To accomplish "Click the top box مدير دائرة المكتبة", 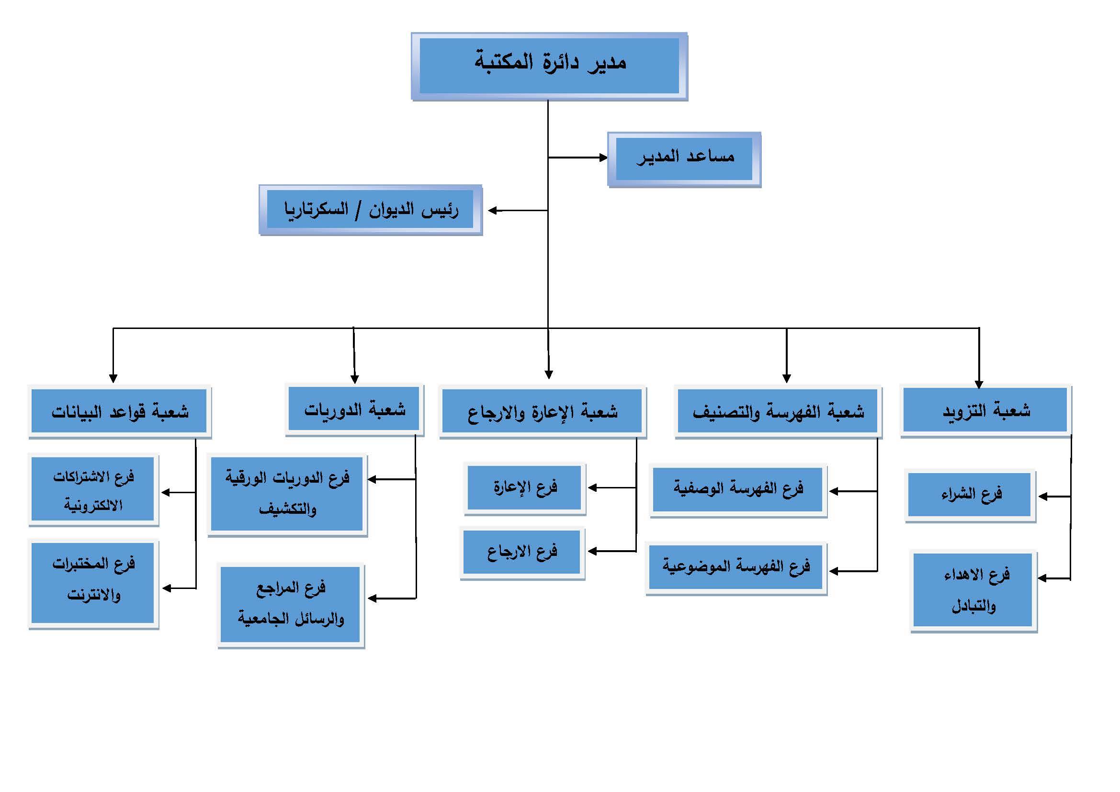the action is tap(549, 67).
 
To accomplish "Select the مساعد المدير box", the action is tap(684, 159).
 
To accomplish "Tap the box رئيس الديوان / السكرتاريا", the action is tap(370, 210).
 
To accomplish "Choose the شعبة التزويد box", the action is tap(985, 411).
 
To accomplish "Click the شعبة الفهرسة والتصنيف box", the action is tap(778, 412).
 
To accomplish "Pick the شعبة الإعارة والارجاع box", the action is tap(543, 412).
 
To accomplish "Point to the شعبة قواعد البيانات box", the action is tap(120, 411).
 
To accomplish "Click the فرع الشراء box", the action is tap(970, 495).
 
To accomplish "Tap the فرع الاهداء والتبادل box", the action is tap(973, 590).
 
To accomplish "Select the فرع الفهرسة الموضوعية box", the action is tap(735, 567).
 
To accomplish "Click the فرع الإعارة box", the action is tap(524, 487).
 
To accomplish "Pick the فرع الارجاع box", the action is tap(522, 553).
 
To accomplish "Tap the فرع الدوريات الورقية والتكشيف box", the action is tap(287, 494).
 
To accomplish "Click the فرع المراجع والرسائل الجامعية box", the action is tap(291, 605).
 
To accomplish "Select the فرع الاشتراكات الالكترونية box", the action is tap(93, 490).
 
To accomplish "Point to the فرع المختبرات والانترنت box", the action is tap(93, 583).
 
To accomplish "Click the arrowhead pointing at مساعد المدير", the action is tap(603, 158).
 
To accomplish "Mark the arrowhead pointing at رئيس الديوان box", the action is tap(493, 211).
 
